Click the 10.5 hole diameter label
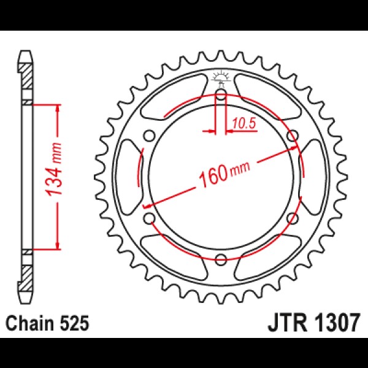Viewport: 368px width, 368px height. click(243, 123)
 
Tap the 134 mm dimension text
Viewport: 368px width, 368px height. click(54, 169)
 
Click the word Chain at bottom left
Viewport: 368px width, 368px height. click(29, 323)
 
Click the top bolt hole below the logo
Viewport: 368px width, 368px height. click(221, 95)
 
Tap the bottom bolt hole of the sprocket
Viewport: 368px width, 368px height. click(221, 259)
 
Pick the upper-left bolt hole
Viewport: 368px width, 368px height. click(149, 136)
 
